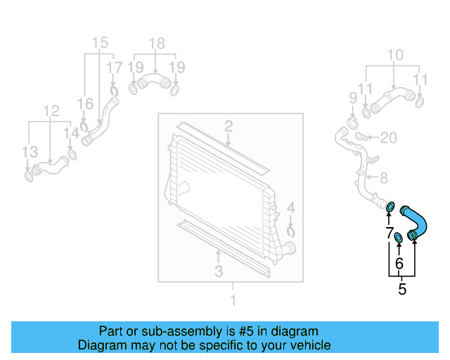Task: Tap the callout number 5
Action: [402, 289]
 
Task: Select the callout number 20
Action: [389, 136]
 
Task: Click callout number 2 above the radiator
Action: [229, 127]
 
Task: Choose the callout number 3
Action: [219, 271]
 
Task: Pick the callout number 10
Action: [395, 55]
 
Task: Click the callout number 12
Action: [51, 110]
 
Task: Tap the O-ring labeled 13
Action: [29, 174]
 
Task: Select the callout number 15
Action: [100, 42]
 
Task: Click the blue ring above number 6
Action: [397, 238]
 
